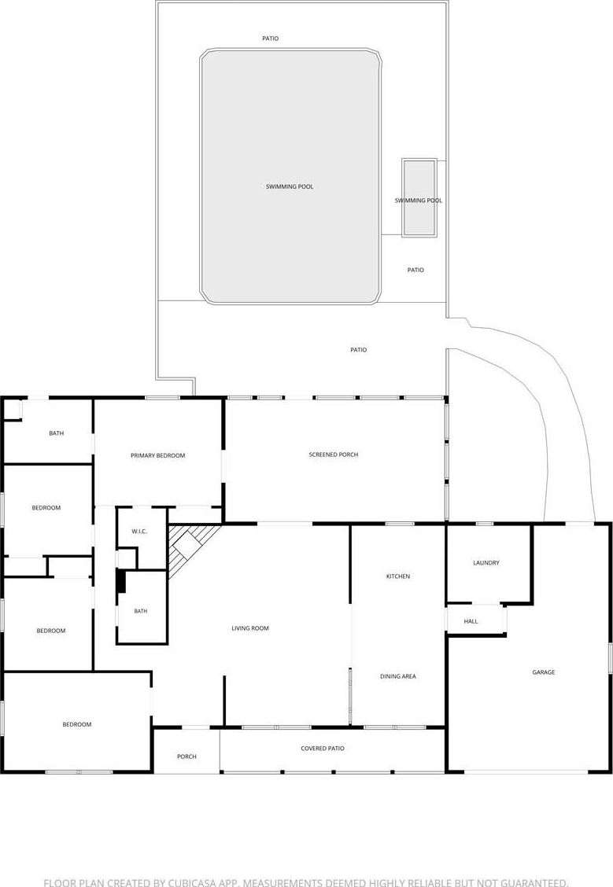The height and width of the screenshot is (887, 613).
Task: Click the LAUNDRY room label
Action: pos(486,563)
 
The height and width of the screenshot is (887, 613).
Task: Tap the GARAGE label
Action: pos(544,672)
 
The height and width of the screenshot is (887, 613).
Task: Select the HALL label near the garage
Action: pos(471,621)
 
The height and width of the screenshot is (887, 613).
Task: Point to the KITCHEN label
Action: pos(398,576)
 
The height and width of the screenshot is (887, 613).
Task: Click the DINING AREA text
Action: pos(398,676)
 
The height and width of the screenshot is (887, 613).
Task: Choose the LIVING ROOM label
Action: pos(250,628)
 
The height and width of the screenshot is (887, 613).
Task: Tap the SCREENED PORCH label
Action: pos(334,455)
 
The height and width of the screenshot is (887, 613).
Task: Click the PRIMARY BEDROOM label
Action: pos(158,455)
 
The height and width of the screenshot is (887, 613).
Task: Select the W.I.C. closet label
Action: pos(139,532)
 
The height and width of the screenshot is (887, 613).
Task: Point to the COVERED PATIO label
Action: pos(323,749)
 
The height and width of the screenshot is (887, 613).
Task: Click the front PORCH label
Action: pos(186,756)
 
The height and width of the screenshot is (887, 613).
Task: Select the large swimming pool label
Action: pos(290,186)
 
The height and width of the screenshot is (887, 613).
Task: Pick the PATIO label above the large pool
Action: pos(271,39)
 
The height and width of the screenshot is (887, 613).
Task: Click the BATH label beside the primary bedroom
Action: pos(57,433)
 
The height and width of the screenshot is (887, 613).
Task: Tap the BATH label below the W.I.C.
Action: pos(141,611)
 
